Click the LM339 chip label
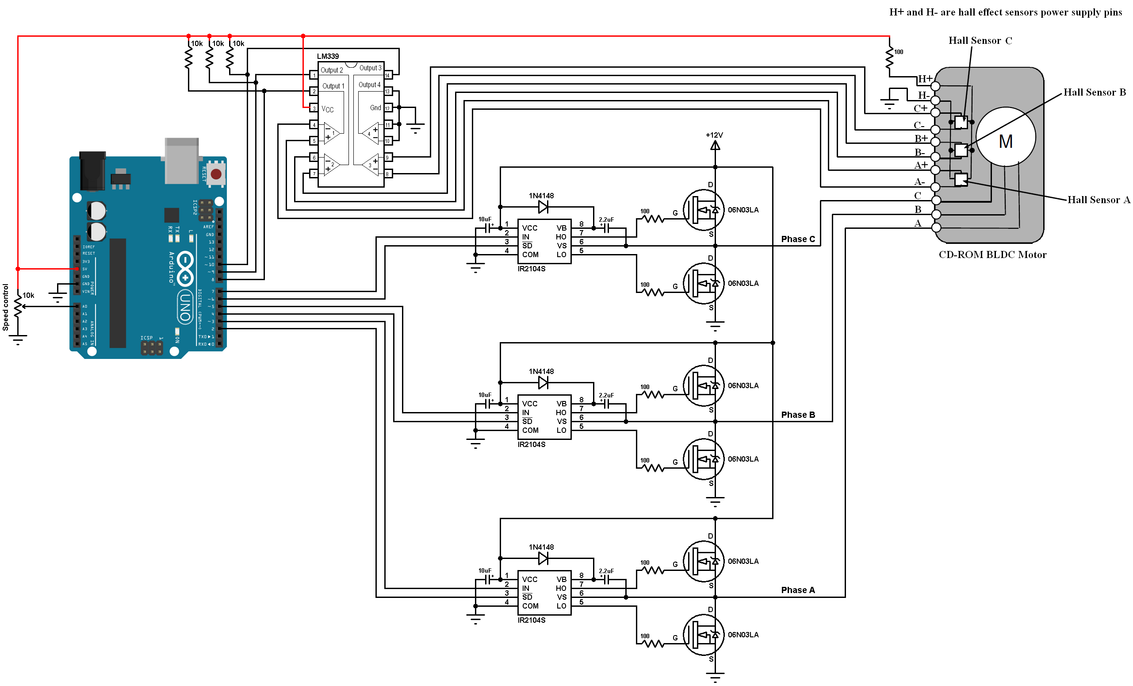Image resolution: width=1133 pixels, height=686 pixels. (327, 56)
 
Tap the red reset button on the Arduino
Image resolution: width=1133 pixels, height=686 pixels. (216, 174)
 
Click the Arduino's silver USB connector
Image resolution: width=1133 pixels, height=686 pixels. (182, 161)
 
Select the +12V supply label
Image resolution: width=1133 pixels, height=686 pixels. (714, 135)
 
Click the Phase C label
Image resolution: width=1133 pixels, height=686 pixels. (798, 239)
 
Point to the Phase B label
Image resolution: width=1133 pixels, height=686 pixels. (798, 415)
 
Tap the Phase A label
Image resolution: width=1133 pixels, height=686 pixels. (798, 590)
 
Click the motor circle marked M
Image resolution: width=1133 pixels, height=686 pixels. (1005, 137)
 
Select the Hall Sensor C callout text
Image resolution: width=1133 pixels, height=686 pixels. (980, 40)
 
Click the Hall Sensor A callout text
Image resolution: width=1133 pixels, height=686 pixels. (1098, 200)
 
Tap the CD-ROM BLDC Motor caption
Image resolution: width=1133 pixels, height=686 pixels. (992, 255)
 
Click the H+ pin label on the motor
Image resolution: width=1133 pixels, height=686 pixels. (925, 79)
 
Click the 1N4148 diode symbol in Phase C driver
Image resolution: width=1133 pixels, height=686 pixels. (543, 207)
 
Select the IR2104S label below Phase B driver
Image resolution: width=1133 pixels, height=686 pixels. (531, 444)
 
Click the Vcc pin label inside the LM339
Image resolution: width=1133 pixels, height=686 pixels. (327, 109)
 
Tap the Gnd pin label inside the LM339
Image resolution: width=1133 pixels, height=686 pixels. (375, 108)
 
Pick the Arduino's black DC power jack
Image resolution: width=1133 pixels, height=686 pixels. (92, 171)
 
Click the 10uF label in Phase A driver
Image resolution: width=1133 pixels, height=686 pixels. (485, 570)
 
